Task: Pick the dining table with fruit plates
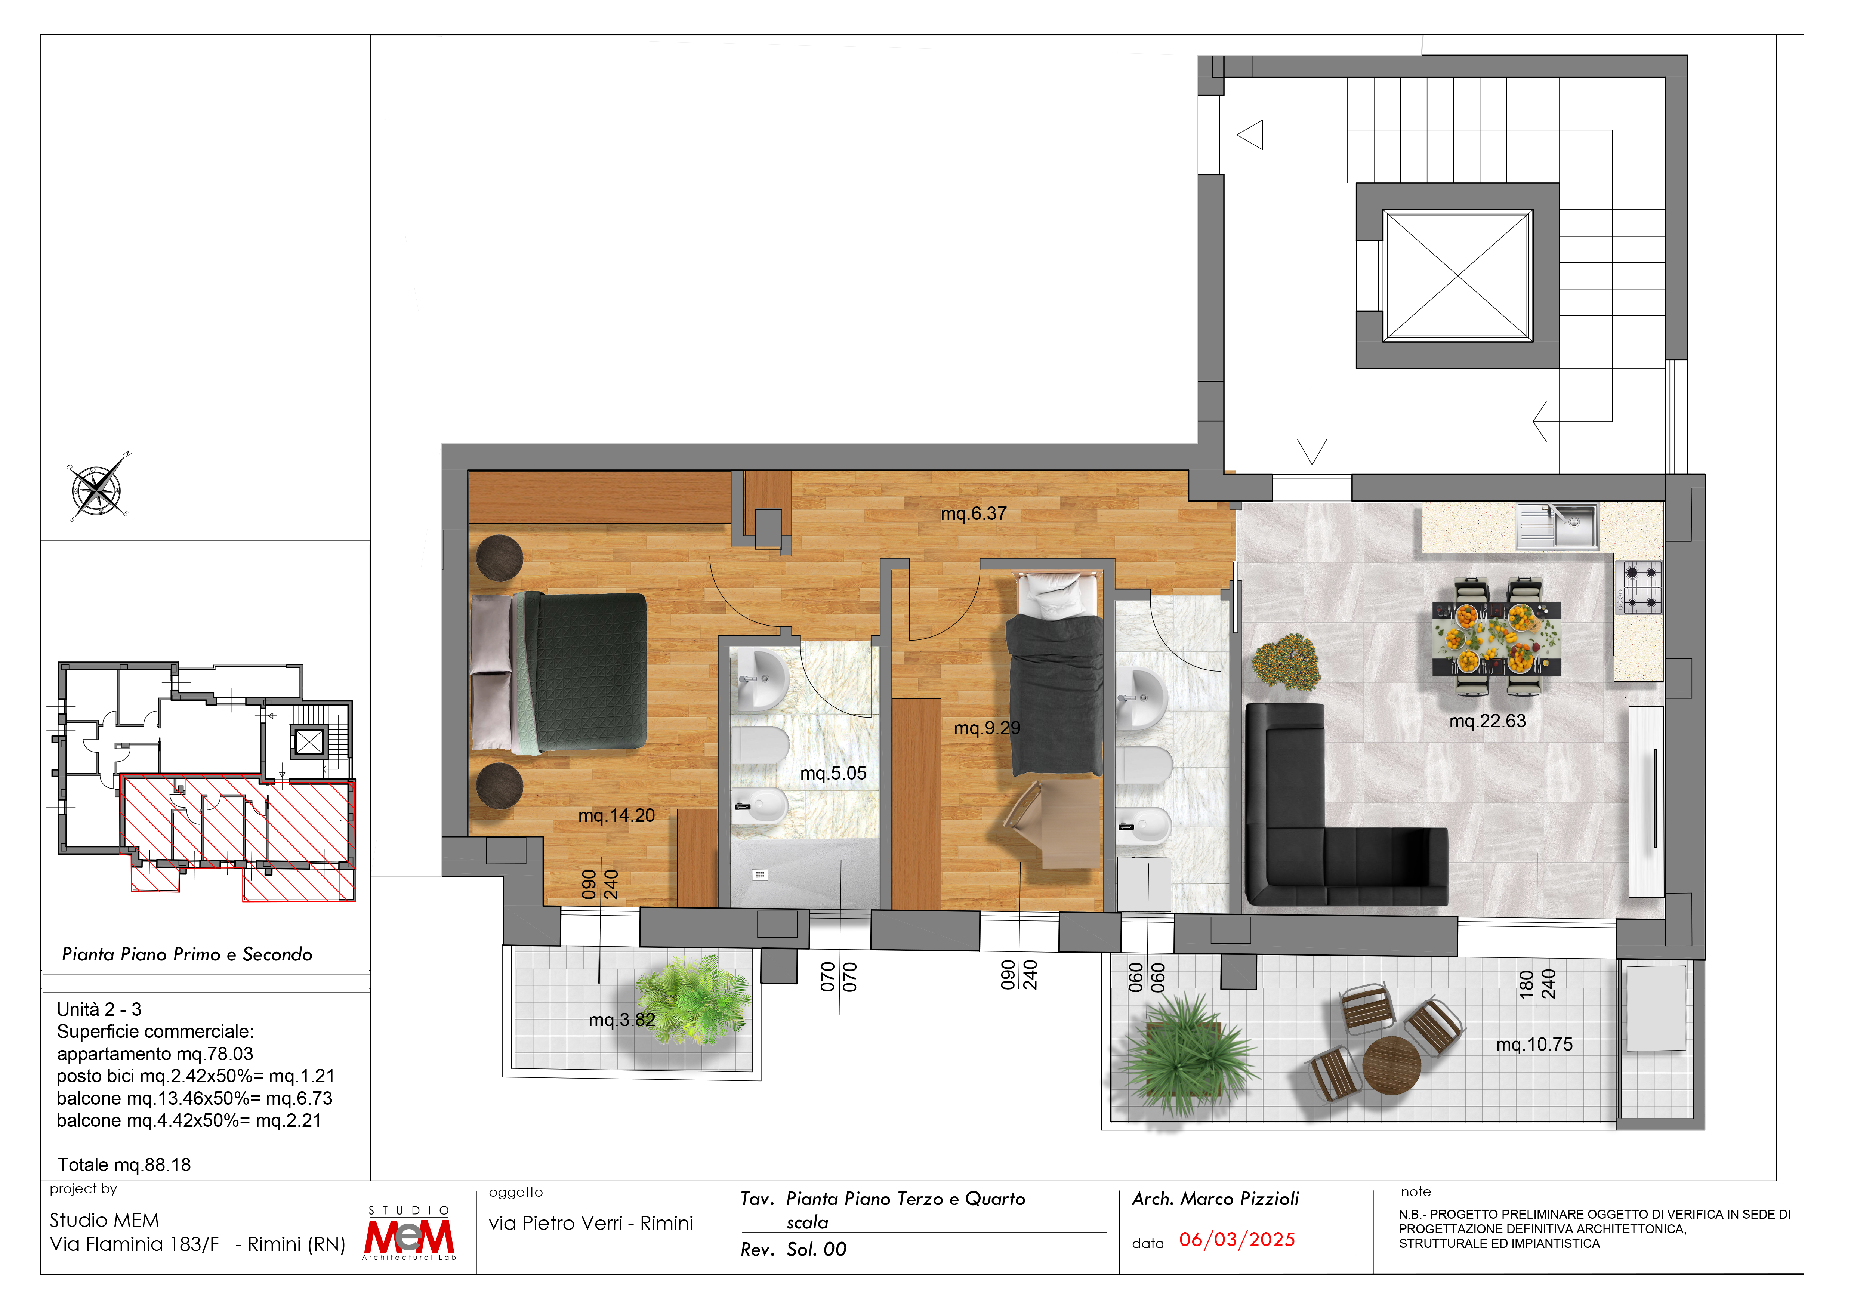pos(1496,638)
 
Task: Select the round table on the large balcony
pos(1391,1064)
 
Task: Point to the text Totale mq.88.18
pos(124,1165)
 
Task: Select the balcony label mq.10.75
pos(1534,1045)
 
